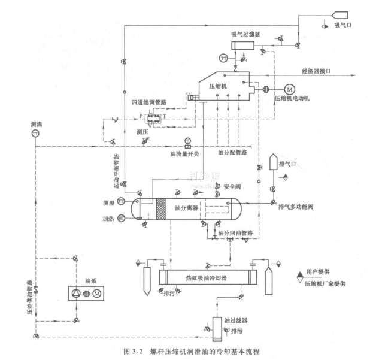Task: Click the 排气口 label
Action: tap(295, 161)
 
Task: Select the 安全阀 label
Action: tap(231, 187)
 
